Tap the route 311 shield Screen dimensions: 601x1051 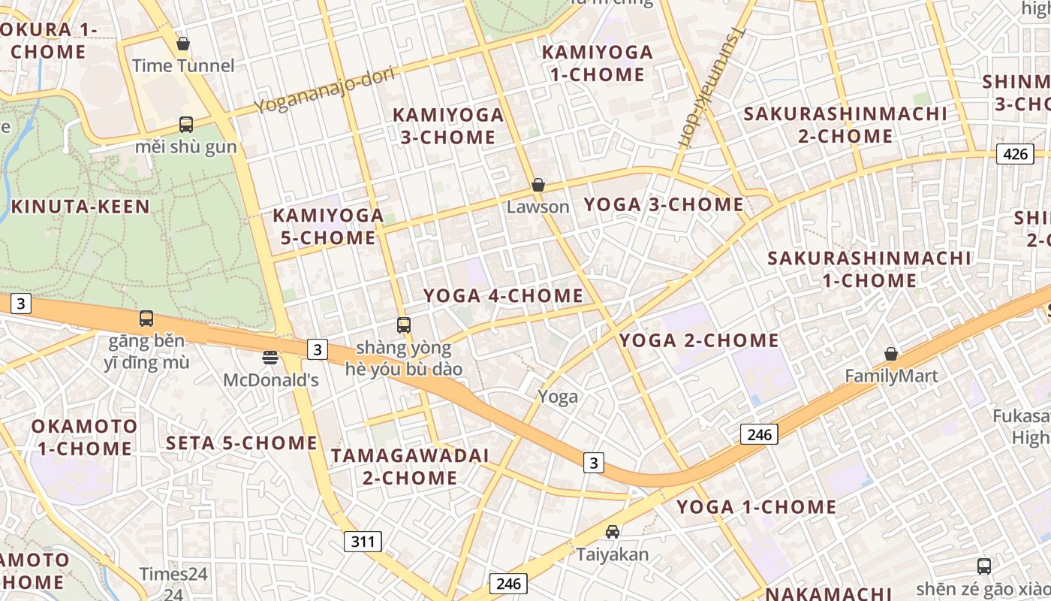pos(363,541)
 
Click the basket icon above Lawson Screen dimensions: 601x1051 pos(538,185)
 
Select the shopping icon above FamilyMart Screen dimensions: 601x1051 pos(891,354)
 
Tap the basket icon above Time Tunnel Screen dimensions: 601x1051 pos(182,44)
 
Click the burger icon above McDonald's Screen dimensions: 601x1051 pos(270,358)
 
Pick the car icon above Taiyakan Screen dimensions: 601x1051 pos(613,532)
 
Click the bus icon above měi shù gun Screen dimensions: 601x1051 pos(185,125)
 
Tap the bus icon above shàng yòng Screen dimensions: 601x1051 pos(404,325)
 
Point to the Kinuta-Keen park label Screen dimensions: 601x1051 pos(80,207)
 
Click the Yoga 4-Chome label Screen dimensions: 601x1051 pos(503,296)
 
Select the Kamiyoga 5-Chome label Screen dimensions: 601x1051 pos(328,226)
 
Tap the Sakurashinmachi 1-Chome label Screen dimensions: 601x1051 pos(869,269)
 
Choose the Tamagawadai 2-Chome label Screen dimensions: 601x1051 pos(410,467)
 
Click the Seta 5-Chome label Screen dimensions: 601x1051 pos(242,442)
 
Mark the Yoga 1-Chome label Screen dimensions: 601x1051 pos(756,507)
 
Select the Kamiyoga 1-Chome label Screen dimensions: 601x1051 pos(598,63)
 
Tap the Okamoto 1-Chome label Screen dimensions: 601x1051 pos(84,437)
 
